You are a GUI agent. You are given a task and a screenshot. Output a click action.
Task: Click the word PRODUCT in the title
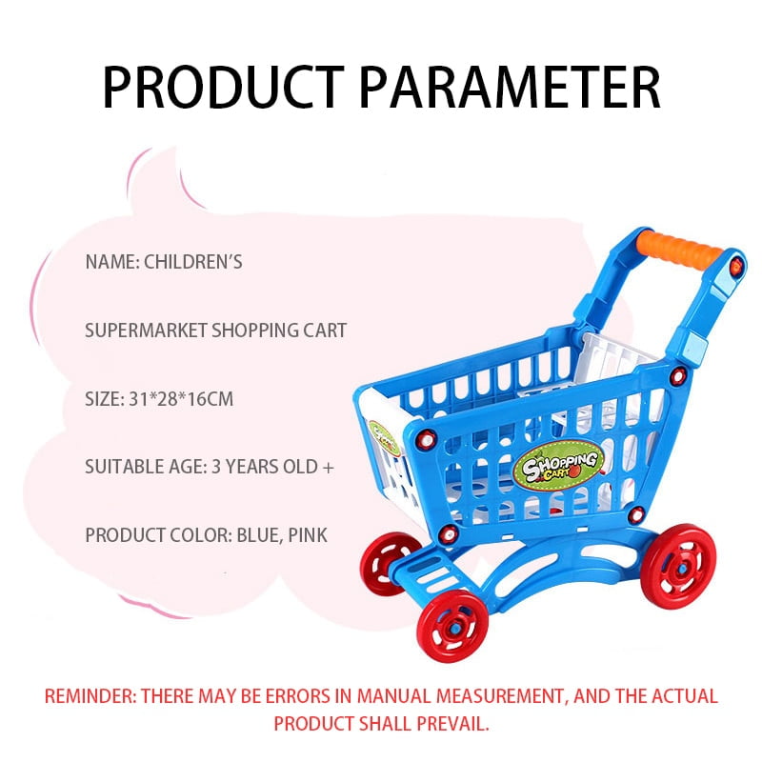click(224, 88)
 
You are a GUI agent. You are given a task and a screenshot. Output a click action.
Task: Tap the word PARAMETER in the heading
click(510, 88)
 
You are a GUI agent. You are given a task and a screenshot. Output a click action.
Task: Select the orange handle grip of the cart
click(679, 250)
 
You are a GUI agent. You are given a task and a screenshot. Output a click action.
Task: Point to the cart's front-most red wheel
click(453, 627)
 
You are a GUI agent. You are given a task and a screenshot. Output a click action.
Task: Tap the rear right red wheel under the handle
click(678, 566)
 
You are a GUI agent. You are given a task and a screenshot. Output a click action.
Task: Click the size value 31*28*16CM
click(181, 399)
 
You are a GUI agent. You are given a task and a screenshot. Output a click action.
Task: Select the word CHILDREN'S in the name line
click(193, 262)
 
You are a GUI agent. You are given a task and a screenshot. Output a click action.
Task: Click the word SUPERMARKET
click(146, 331)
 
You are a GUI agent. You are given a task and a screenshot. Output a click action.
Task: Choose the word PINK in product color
click(308, 535)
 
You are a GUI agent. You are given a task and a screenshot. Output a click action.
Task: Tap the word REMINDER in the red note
click(90, 696)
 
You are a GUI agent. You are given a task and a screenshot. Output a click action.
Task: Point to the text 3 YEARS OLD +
click(273, 467)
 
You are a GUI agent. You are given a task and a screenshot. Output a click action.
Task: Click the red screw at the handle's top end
click(736, 266)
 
